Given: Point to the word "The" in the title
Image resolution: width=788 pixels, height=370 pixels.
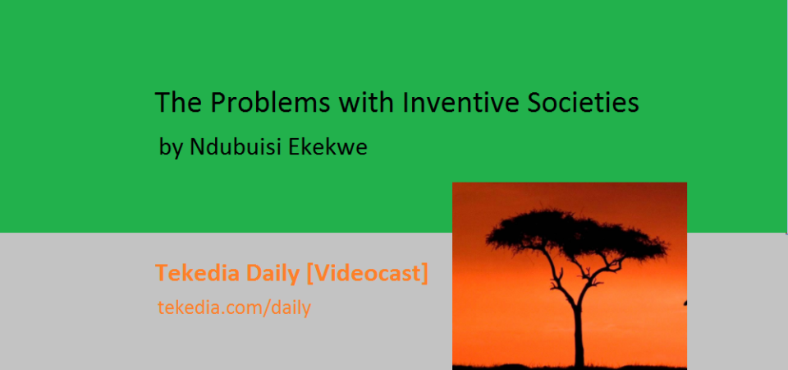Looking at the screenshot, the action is (x=178, y=102).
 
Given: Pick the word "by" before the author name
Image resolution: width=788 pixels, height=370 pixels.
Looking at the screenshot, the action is (x=171, y=147).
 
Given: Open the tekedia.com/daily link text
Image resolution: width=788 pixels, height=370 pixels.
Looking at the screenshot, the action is (x=234, y=307).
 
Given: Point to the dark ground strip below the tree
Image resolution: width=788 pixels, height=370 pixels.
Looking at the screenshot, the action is (x=570, y=368).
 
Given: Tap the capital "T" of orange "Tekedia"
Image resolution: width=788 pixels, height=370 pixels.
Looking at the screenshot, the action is (x=162, y=273).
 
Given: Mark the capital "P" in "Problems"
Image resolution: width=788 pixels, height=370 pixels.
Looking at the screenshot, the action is (x=217, y=103).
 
